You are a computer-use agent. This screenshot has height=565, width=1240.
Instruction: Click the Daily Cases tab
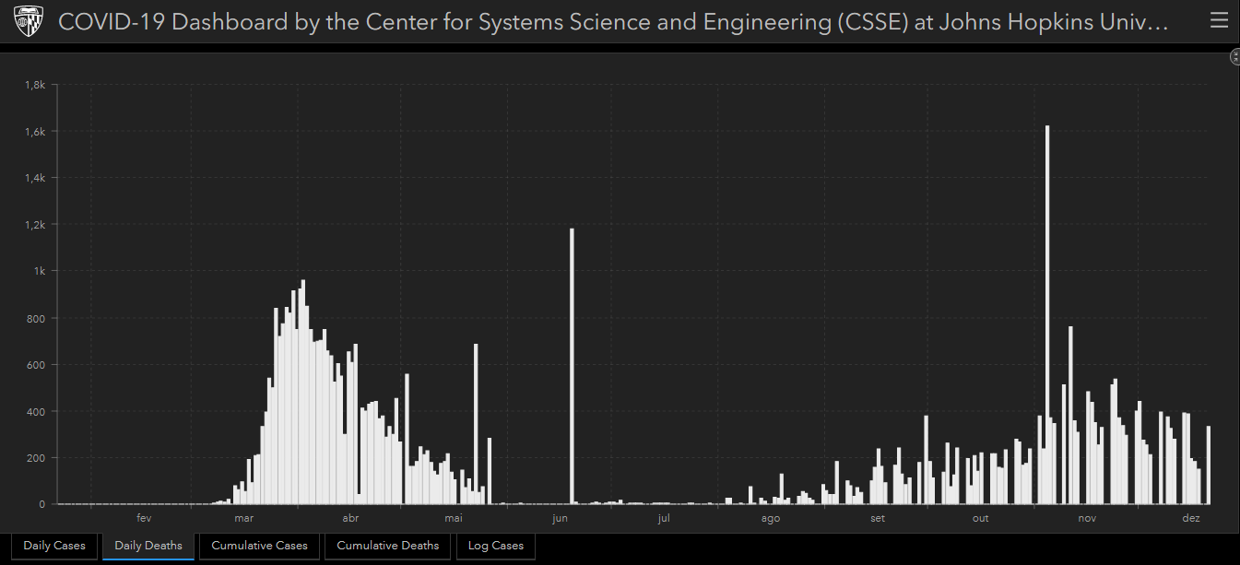click(54, 546)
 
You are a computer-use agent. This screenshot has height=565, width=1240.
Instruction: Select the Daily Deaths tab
click(148, 546)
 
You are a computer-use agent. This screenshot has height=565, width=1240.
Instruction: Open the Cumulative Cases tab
click(259, 546)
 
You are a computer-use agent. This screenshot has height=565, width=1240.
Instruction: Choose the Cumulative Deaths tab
click(387, 546)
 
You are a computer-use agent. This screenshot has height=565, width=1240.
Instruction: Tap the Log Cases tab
click(495, 546)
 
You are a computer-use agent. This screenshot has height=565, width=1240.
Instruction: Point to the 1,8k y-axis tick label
click(35, 85)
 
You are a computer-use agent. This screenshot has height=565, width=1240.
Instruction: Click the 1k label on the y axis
click(40, 271)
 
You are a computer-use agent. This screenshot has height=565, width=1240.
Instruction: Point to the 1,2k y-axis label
click(35, 225)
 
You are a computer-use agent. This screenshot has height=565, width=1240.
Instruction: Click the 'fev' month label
click(143, 519)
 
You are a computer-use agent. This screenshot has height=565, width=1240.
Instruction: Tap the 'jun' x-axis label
click(560, 519)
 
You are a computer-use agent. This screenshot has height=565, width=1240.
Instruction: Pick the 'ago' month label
click(771, 519)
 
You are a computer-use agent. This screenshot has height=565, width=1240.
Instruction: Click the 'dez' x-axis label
click(1191, 519)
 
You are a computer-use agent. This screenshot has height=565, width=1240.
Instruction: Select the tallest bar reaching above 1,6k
click(1047, 313)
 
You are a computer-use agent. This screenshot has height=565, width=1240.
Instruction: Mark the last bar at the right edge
click(1208, 465)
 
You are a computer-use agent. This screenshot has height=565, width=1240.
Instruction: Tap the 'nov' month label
click(1087, 519)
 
